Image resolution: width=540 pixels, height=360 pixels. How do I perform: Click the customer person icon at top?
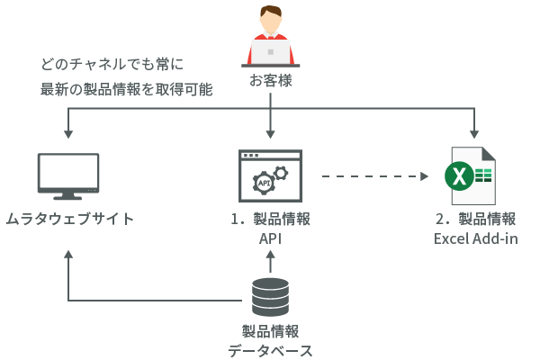271,36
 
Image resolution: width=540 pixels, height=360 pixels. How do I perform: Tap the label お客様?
271,81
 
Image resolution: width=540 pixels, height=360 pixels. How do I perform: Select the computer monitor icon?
68,176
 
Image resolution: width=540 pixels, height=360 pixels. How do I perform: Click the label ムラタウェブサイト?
69,219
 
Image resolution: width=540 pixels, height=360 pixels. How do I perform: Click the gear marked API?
264,184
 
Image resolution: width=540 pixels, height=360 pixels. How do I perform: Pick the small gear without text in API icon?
282,171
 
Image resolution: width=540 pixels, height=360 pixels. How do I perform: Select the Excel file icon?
472,176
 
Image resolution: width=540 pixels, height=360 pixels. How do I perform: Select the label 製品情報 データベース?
270,341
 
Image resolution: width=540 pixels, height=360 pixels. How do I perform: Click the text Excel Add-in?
475,238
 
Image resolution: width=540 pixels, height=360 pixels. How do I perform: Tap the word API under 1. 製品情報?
270,238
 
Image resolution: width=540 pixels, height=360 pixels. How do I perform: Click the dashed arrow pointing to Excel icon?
373,176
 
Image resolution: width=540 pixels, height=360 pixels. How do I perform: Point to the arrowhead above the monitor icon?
68,134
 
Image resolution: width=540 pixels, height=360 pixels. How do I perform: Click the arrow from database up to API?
270,263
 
